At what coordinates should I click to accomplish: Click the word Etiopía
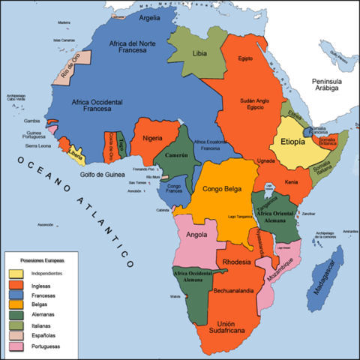point(292,141)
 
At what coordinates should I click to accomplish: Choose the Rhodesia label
point(238,262)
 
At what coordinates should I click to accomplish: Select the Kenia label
point(292,182)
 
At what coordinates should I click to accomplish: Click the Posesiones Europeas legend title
point(42,259)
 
